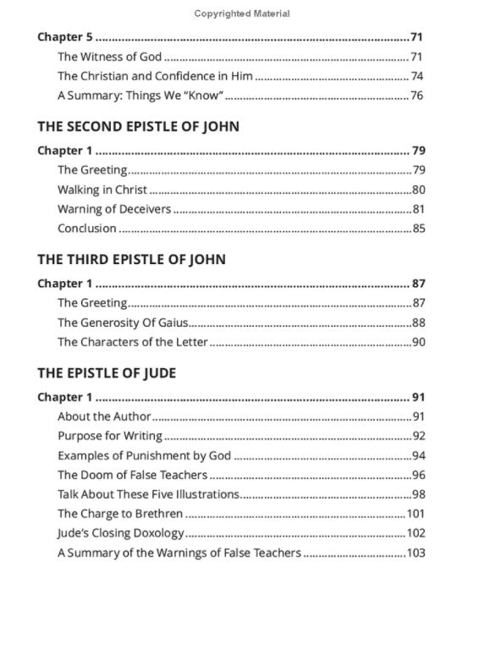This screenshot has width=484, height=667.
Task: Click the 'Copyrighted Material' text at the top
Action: point(241,14)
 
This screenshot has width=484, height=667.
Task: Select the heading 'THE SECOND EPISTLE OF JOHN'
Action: point(138,127)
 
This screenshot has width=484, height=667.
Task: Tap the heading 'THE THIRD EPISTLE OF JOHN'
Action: point(131,260)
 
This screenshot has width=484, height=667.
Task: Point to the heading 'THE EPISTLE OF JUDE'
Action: point(107,373)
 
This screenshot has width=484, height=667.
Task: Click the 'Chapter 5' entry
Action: point(65,37)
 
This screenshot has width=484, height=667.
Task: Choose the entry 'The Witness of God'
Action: point(109,57)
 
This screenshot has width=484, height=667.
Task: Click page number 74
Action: point(417,76)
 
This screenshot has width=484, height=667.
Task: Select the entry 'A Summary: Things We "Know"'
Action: point(135,96)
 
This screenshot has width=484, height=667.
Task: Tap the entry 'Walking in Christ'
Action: point(102,190)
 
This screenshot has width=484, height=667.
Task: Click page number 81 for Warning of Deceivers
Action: point(418,209)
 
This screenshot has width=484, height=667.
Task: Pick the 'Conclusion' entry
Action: point(86,229)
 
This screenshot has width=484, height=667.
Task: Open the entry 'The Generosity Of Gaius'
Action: point(122,322)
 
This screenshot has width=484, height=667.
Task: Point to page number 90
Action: point(418,342)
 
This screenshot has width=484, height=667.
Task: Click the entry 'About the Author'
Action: point(104,416)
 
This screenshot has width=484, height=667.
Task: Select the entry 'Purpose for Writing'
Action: point(109,436)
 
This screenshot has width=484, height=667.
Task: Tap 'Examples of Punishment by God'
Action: point(144,455)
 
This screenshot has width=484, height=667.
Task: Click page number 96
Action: point(418,475)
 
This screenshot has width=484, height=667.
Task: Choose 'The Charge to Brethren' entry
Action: point(119,514)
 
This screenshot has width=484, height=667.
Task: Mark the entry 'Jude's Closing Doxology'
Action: point(120,533)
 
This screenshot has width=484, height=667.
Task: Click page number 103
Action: point(415,553)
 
